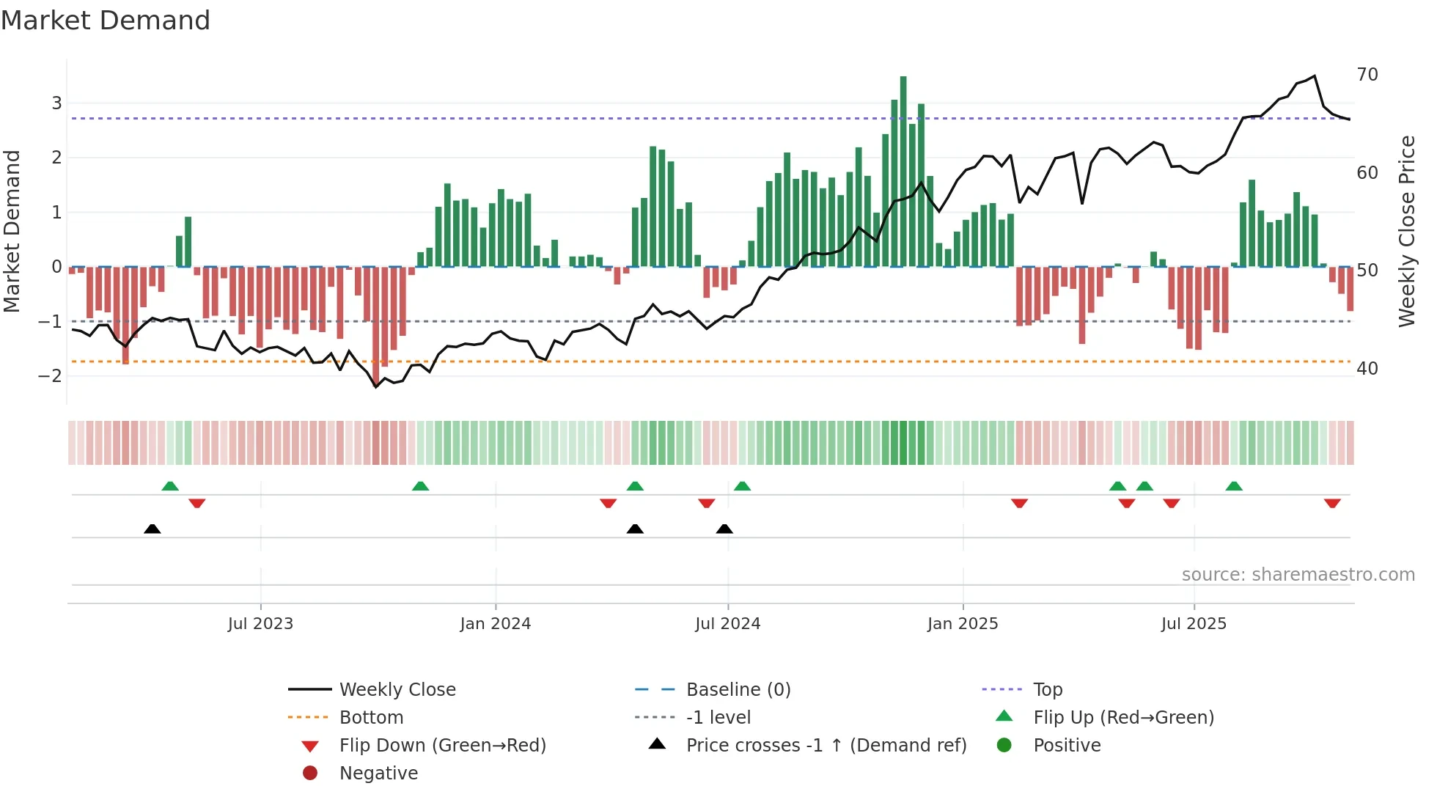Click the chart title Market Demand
pyautogui.click(x=106, y=21)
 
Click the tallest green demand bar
pyautogui.click(x=903, y=171)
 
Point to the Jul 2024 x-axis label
pyautogui.click(x=727, y=624)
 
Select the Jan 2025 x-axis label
pyautogui.click(x=962, y=624)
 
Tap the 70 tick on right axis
pyautogui.click(x=1367, y=75)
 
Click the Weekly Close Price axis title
pyautogui.click(x=1406, y=231)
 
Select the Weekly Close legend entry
pyautogui.click(x=397, y=690)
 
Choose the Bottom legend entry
pyautogui.click(x=371, y=718)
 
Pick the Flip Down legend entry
pyautogui.click(x=442, y=746)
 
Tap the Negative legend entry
pyautogui.click(x=378, y=774)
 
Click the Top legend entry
pyautogui.click(x=1047, y=690)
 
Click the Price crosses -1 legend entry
pyautogui.click(x=826, y=746)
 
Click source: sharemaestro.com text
pyautogui.click(x=1298, y=575)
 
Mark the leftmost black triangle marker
pyautogui.click(x=152, y=529)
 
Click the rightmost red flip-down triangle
pyautogui.click(x=1332, y=504)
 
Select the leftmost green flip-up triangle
pyautogui.click(x=170, y=486)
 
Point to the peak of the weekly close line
pyautogui.click(x=1315, y=76)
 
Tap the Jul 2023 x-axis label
pyautogui.click(x=260, y=624)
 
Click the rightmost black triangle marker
pyautogui.click(x=724, y=529)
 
